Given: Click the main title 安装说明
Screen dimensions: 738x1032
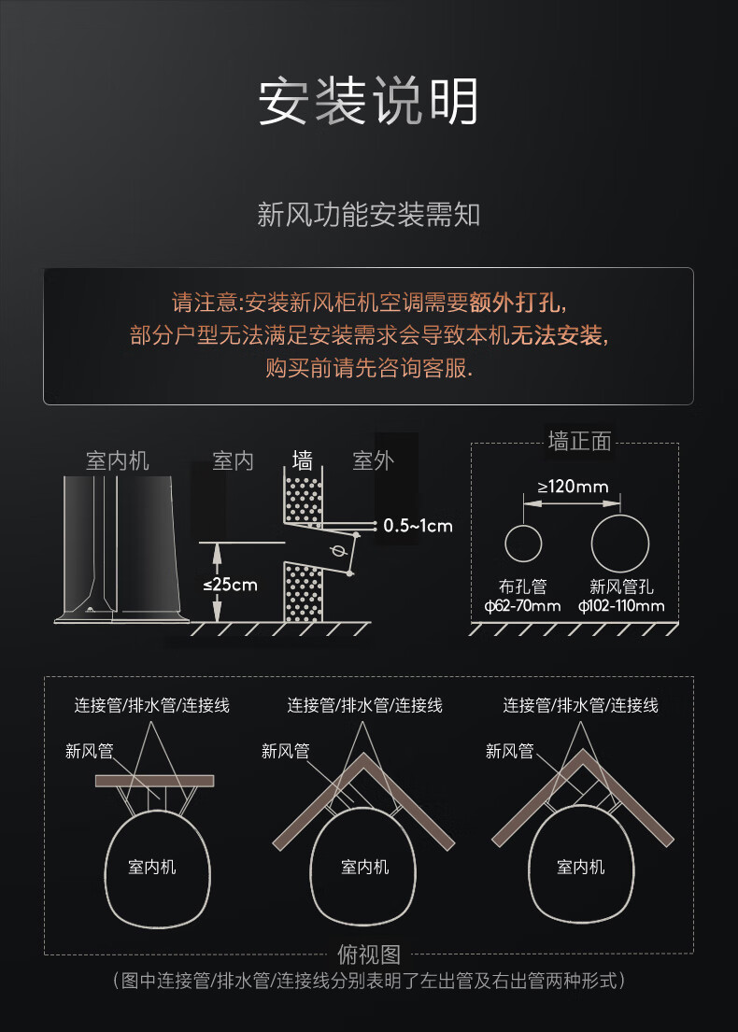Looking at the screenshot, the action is coord(368,101).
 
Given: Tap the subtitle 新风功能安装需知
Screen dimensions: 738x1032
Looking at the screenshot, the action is coord(368,216).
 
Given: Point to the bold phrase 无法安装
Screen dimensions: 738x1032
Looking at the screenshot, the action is coord(557,335).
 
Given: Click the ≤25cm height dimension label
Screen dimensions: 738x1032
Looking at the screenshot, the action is coord(230,585).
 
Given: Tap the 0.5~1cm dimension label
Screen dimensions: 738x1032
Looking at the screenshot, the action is coord(418,526).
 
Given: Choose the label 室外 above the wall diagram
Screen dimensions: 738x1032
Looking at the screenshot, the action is coord(373,460).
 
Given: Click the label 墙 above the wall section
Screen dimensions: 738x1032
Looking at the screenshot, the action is coord(302,460).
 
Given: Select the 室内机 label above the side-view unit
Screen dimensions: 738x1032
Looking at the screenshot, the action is coord(118,460).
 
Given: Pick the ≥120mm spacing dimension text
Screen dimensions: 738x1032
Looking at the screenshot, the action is coord(573,487).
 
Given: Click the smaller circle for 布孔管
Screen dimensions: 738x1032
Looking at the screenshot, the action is coord(523,544).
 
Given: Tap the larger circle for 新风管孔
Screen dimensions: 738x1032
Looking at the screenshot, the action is coord(620,542).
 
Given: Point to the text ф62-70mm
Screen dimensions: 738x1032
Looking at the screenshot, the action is coord(523,607).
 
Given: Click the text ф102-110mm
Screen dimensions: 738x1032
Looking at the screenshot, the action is coord(621,607).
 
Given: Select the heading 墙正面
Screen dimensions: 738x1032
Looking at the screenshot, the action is coord(579,442).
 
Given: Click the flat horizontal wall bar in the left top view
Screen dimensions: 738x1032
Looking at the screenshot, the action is coord(154,781).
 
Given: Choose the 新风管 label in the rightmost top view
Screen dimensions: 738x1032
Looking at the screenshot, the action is coord(509,751).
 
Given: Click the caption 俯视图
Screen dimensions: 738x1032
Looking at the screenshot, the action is coord(368,954).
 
